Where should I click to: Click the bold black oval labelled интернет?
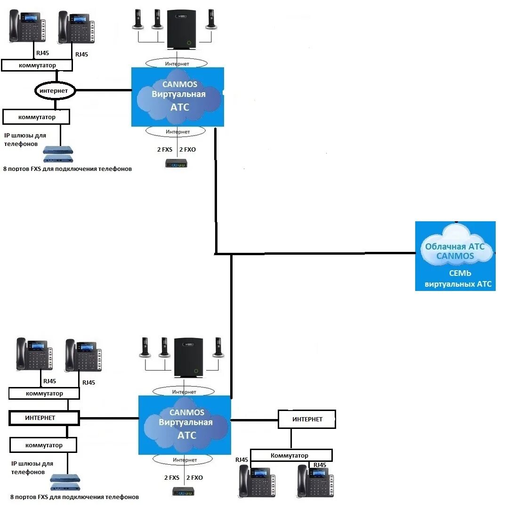55,91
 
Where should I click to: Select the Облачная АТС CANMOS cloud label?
455,251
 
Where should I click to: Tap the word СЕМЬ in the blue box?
460,273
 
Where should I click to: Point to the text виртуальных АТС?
458,284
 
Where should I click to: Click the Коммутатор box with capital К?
290,455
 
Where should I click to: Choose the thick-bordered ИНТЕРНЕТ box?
44,418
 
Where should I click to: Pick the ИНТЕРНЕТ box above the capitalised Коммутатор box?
307,419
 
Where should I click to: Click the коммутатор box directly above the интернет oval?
37,65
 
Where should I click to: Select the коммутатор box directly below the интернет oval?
36,117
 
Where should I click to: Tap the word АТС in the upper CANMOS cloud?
180,107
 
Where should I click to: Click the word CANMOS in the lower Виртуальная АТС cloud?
186,412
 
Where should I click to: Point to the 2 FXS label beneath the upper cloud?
165,150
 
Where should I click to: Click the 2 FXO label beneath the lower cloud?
194,477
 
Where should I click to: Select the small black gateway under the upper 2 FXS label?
176,163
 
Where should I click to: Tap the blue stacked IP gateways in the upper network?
58,154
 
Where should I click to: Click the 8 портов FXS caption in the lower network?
74,497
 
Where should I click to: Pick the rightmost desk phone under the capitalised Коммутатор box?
315,481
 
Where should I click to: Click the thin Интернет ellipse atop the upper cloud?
177,64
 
